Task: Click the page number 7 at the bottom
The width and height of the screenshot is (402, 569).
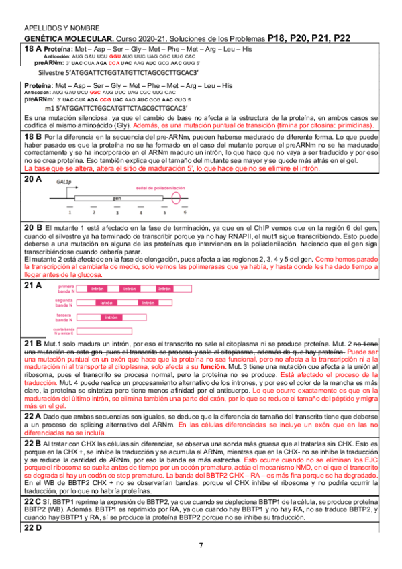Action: click(201, 545)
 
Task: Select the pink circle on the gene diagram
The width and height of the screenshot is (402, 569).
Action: click(176, 199)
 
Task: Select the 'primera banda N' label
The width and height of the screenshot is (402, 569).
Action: click(64, 288)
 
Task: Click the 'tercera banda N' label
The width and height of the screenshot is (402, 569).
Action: click(64, 317)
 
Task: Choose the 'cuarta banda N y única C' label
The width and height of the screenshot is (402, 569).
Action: click(64, 331)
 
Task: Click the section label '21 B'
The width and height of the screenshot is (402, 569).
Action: click(33, 344)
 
